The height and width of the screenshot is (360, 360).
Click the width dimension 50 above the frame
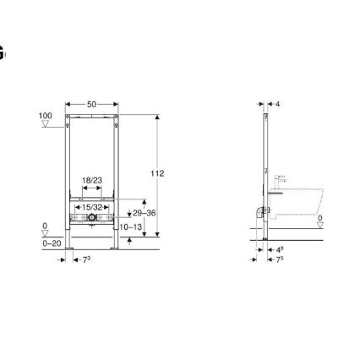coord(92,105)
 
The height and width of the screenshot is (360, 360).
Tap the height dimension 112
coord(157,173)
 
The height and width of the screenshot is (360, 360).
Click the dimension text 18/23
coord(91,180)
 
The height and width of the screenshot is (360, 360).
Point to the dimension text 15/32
coord(91,206)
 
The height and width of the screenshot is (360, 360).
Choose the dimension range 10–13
coord(129,227)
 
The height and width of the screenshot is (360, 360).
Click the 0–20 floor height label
coord(52,243)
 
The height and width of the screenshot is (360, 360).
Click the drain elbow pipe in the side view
coord(257,214)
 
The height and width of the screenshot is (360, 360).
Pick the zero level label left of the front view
coord(45,226)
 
